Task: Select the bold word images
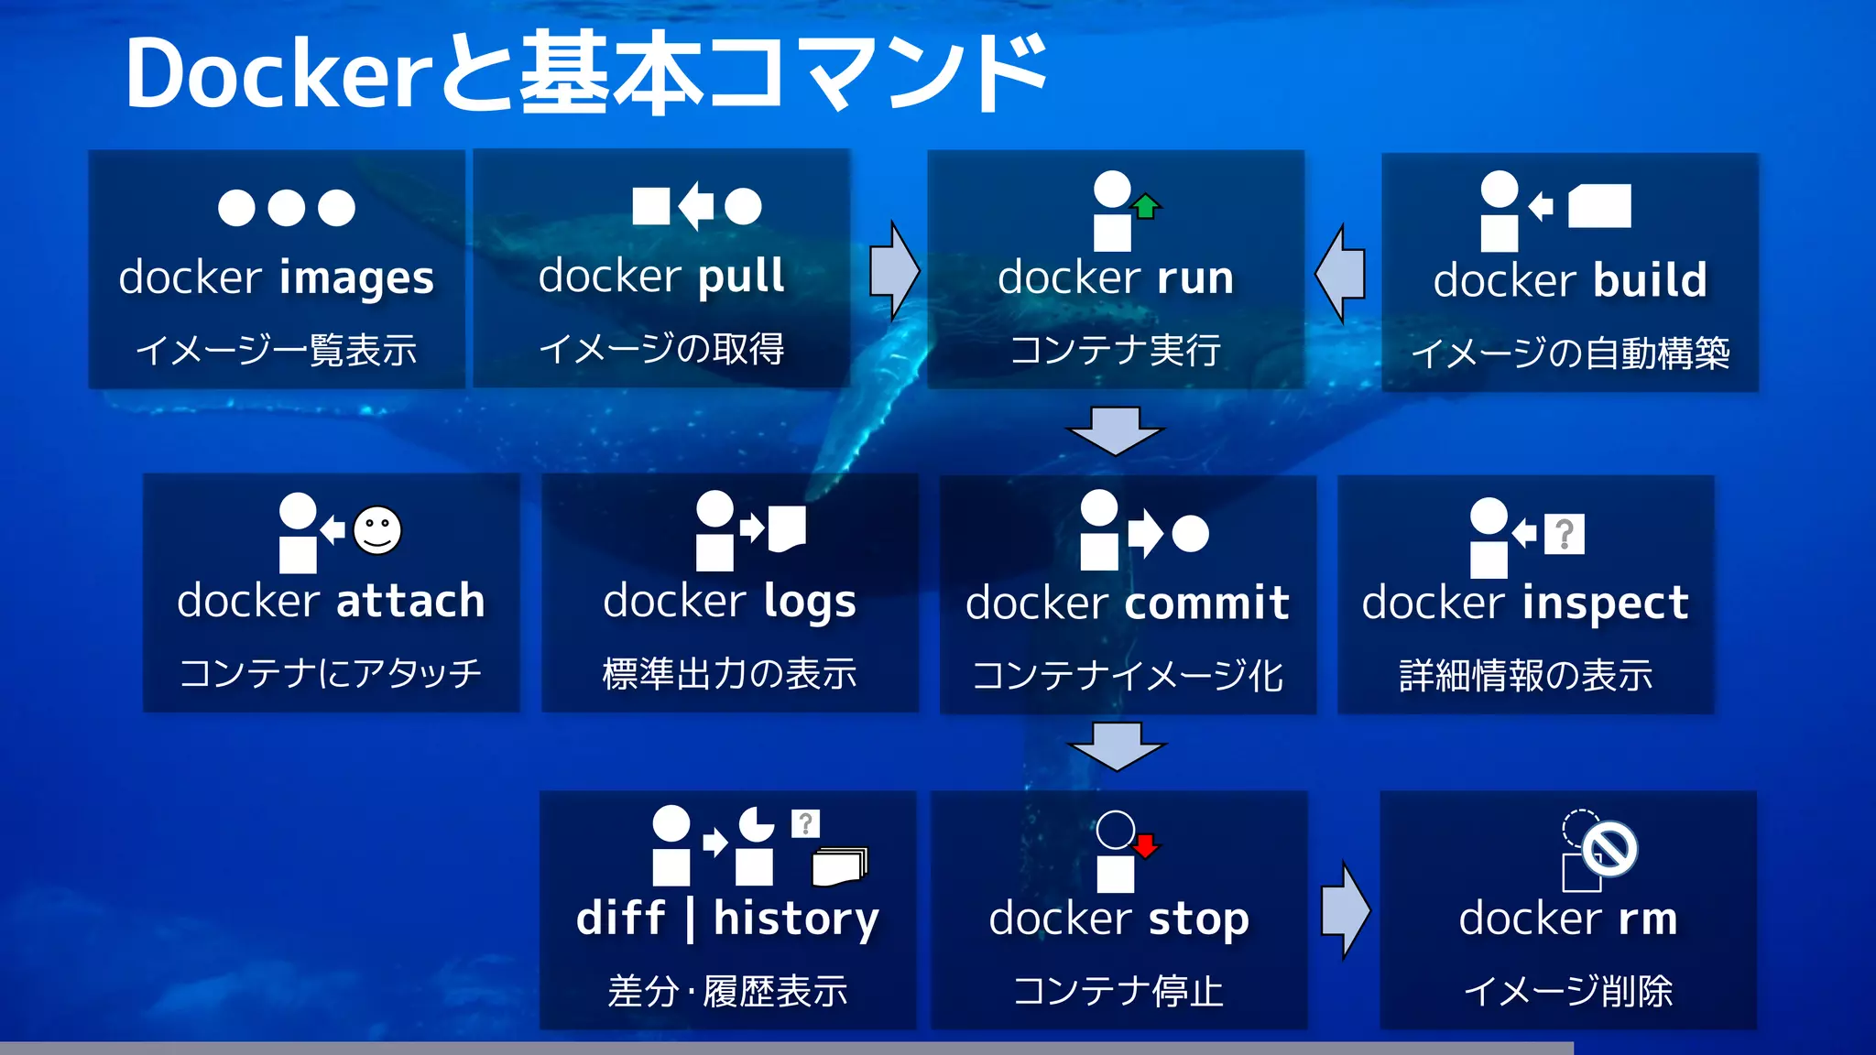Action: [356, 278]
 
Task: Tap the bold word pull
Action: [741, 276]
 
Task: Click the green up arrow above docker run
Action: [1145, 206]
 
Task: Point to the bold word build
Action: [1650, 280]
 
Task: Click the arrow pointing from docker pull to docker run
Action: [893, 270]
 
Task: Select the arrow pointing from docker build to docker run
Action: [1341, 274]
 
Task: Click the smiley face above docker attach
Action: [377, 530]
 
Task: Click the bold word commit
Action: [1206, 604]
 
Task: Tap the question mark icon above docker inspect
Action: [1565, 534]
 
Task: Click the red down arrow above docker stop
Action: [1145, 844]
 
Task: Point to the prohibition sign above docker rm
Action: [1610, 849]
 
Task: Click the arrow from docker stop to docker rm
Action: [1345, 910]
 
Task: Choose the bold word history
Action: [796, 919]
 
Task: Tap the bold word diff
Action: [620, 919]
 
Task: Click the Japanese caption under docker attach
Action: [331, 673]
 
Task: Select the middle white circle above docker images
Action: [287, 208]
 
